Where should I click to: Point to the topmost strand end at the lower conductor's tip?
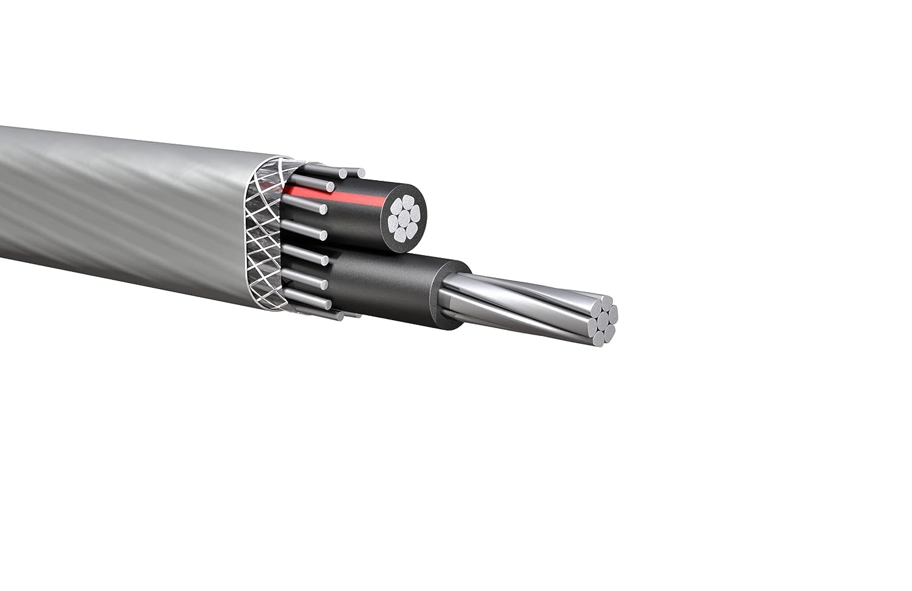click(x=606, y=302)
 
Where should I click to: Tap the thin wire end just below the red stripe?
click(x=323, y=209)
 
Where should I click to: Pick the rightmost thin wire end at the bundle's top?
click(x=361, y=173)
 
